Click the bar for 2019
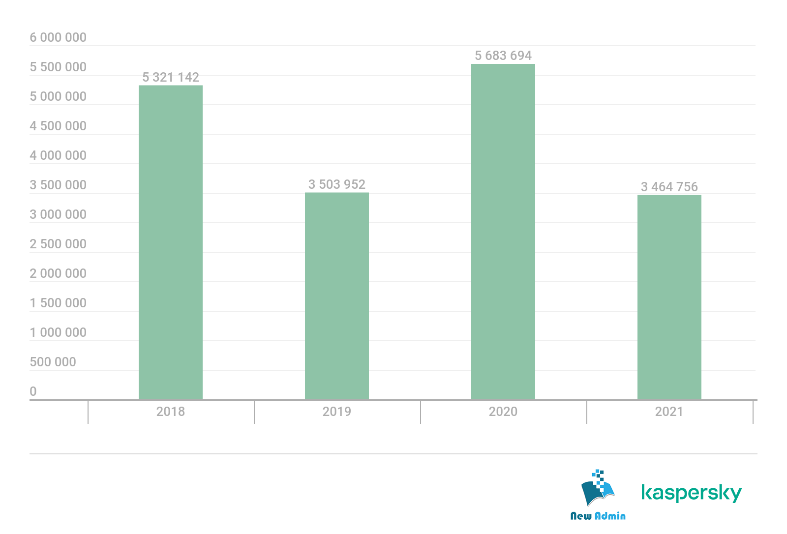click(x=336, y=296)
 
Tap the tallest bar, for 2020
click(x=503, y=232)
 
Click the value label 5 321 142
click(x=171, y=77)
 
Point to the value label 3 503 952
click(x=337, y=184)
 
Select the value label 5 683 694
click(x=503, y=56)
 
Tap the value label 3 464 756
click(x=669, y=187)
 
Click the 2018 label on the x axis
click(x=170, y=412)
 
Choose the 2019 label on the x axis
click(x=336, y=412)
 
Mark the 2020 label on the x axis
click(x=503, y=412)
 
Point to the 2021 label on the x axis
click(x=669, y=412)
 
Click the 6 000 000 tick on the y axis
click(x=58, y=38)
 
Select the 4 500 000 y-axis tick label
click(x=58, y=126)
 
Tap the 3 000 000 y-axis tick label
click(x=58, y=214)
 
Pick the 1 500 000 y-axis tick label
click(x=58, y=303)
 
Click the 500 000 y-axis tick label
click(x=53, y=362)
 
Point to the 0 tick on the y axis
click(x=33, y=391)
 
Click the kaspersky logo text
click(x=691, y=493)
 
